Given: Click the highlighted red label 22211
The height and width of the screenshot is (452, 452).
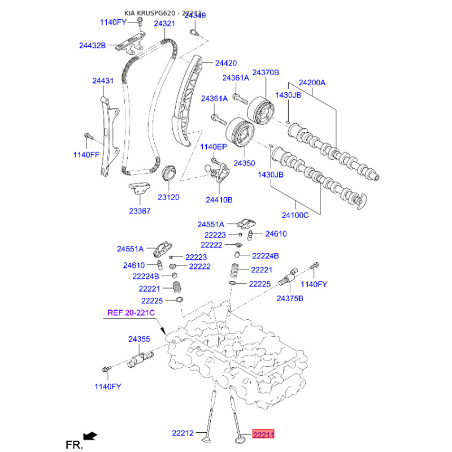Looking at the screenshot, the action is click(x=263, y=433).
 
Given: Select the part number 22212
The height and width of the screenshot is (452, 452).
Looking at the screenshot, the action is click(x=182, y=433).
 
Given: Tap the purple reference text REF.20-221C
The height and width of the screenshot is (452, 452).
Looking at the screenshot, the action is click(x=131, y=313).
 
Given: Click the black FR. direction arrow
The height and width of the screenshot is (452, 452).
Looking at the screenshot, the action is click(x=90, y=436).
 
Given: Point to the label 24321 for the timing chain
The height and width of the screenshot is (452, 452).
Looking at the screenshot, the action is click(x=164, y=23).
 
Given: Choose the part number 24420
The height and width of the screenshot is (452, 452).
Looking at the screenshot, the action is click(x=226, y=63).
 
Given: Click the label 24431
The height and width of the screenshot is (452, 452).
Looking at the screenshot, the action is click(x=103, y=81).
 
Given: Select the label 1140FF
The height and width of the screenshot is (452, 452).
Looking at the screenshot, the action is click(x=86, y=155).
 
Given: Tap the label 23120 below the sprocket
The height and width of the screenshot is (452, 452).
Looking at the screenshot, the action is click(x=168, y=197).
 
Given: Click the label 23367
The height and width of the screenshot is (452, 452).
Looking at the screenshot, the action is click(x=140, y=211).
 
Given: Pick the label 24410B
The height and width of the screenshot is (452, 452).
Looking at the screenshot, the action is click(x=219, y=200).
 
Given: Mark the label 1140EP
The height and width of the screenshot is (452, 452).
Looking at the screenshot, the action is click(x=214, y=147).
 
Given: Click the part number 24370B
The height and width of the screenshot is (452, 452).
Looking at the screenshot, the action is click(x=266, y=73).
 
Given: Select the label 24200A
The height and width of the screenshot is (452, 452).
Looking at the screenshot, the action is click(x=312, y=82).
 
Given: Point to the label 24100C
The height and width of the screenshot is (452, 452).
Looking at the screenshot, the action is click(x=295, y=215).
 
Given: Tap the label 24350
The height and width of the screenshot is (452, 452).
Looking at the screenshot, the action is click(x=245, y=163).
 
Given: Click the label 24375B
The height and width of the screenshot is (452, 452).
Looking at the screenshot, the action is click(x=290, y=299).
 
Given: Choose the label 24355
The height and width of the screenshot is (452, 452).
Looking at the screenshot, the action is click(x=139, y=340).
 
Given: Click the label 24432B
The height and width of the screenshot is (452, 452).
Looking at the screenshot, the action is click(x=93, y=46).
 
